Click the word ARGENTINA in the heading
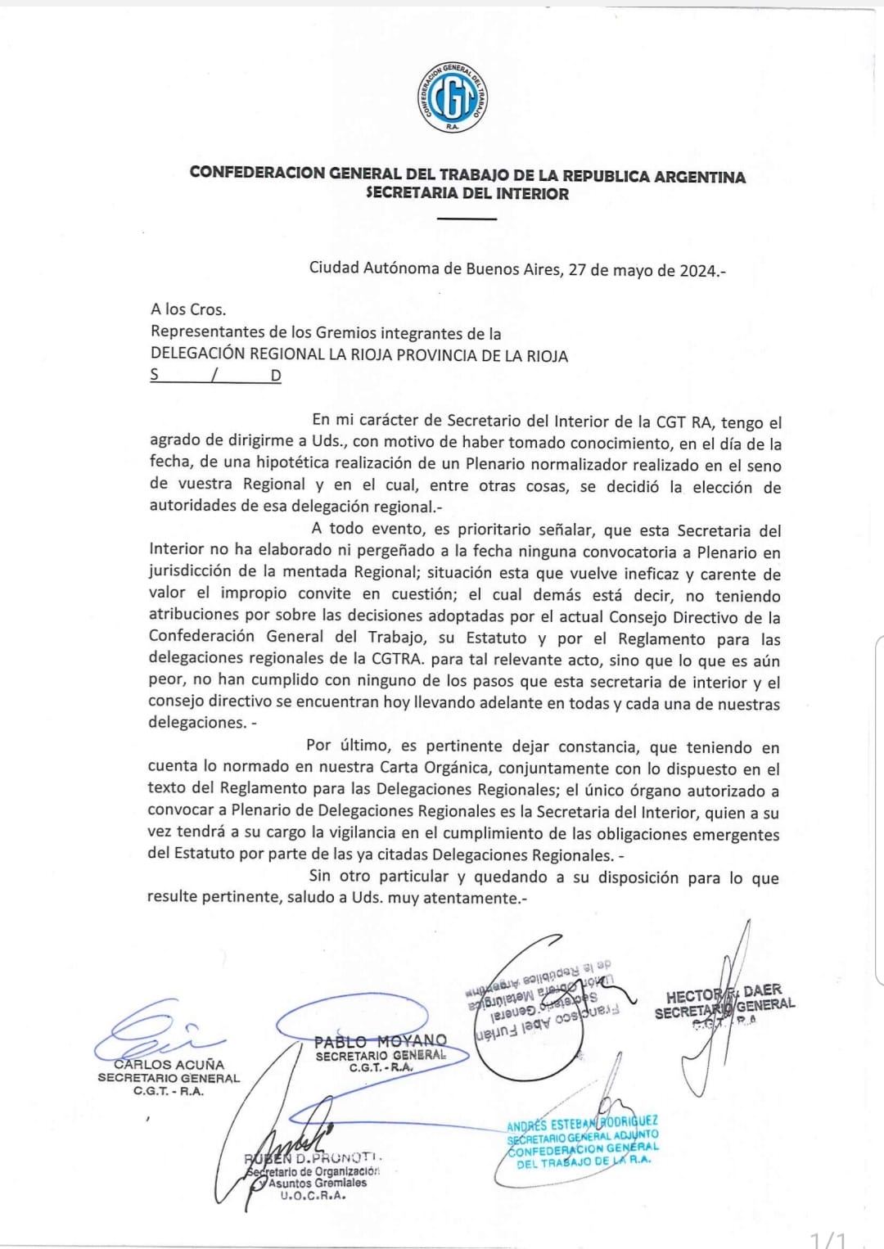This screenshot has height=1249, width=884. pos(699,177)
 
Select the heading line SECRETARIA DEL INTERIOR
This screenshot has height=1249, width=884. pos(467,195)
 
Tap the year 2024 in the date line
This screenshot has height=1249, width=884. pos(697,270)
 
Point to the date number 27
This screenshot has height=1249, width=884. pos(577,269)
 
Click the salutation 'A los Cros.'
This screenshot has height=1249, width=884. pos(188,309)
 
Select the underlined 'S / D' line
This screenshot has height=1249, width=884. pos(216,376)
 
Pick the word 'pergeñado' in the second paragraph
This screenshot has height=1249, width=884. pos(414,552)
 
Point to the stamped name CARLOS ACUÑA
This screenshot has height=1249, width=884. pos(169,1064)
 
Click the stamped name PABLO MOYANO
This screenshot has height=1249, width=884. pos(381,1041)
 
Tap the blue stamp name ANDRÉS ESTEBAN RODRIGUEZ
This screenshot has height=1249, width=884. pos(581,1125)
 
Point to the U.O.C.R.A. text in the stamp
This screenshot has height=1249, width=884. pos(313,1196)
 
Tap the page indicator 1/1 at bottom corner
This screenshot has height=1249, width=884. pos(828,1238)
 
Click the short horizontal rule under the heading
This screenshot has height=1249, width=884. pos(467,219)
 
